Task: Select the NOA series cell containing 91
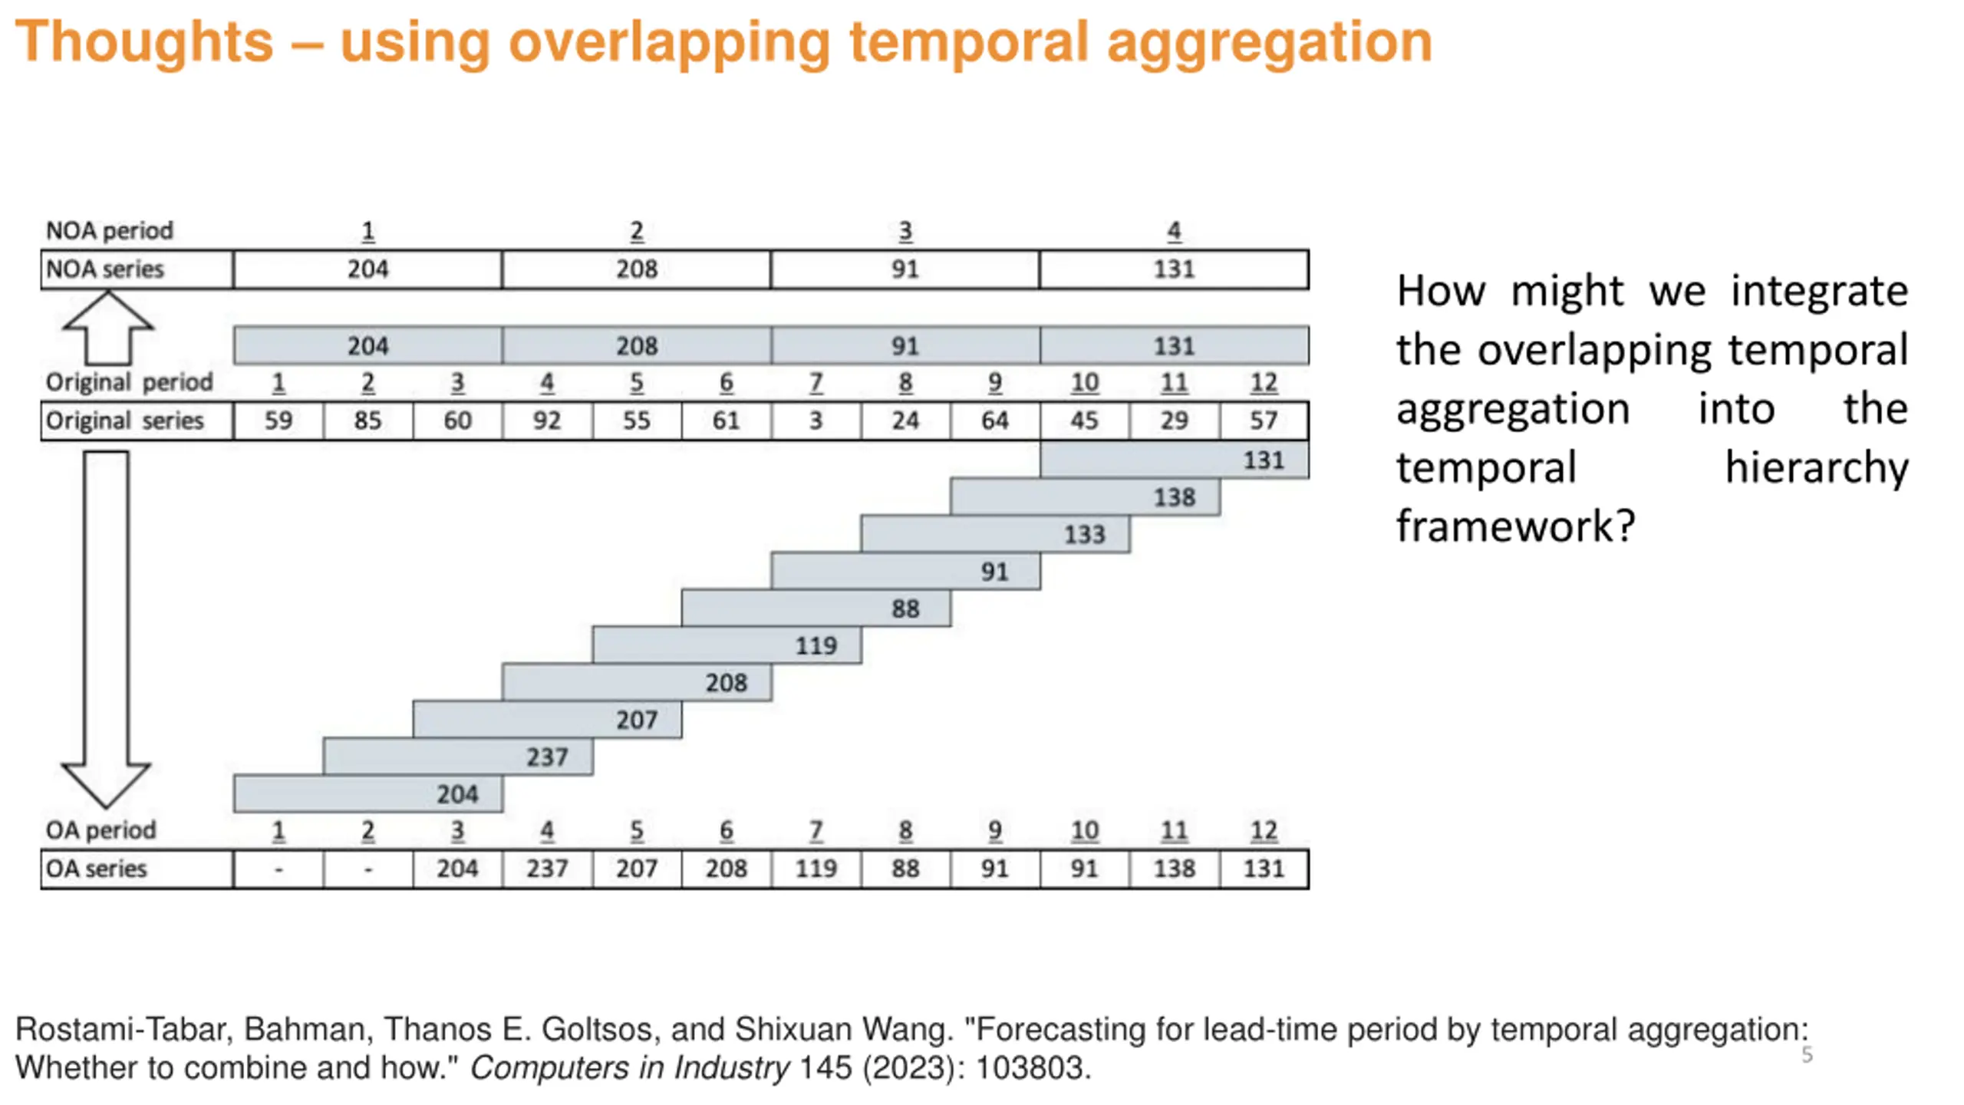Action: pos(905,269)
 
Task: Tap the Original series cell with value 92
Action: pos(546,421)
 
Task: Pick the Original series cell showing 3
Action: pos(816,421)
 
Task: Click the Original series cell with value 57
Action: pos(1264,421)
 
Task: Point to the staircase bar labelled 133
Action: pos(995,534)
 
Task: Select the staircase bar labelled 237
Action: pos(457,757)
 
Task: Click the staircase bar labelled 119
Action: pos(727,645)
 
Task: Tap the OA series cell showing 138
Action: pos(1174,869)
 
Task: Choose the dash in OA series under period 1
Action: pos(278,869)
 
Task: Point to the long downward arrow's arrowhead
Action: pos(106,783)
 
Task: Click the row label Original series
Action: pos(125,421)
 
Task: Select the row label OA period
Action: pos(101,830)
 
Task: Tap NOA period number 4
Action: pos(1174,231)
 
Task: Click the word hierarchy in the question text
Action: pos(1817,467)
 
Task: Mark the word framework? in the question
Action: pos(1515,526)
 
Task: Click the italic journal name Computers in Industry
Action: pos(629,1067)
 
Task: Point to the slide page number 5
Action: pos(1807,1055)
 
